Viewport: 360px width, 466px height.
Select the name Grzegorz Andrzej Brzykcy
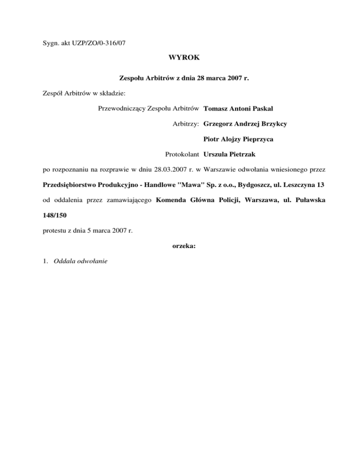click(x=246, y=124)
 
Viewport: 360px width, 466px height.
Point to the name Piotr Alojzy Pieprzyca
click(x=239, y=139)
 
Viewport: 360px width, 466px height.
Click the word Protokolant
click(x=183, y=154)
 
